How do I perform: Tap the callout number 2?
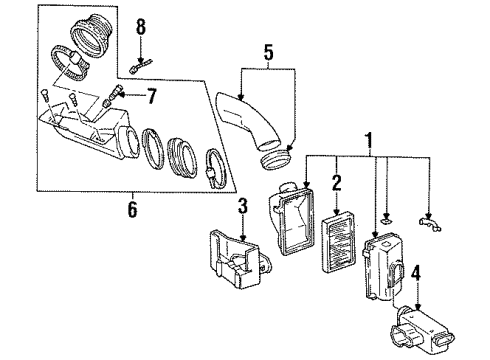tap(337, 182)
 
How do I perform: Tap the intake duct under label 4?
tap(423, 320)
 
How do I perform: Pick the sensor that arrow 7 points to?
tap(113, 100)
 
